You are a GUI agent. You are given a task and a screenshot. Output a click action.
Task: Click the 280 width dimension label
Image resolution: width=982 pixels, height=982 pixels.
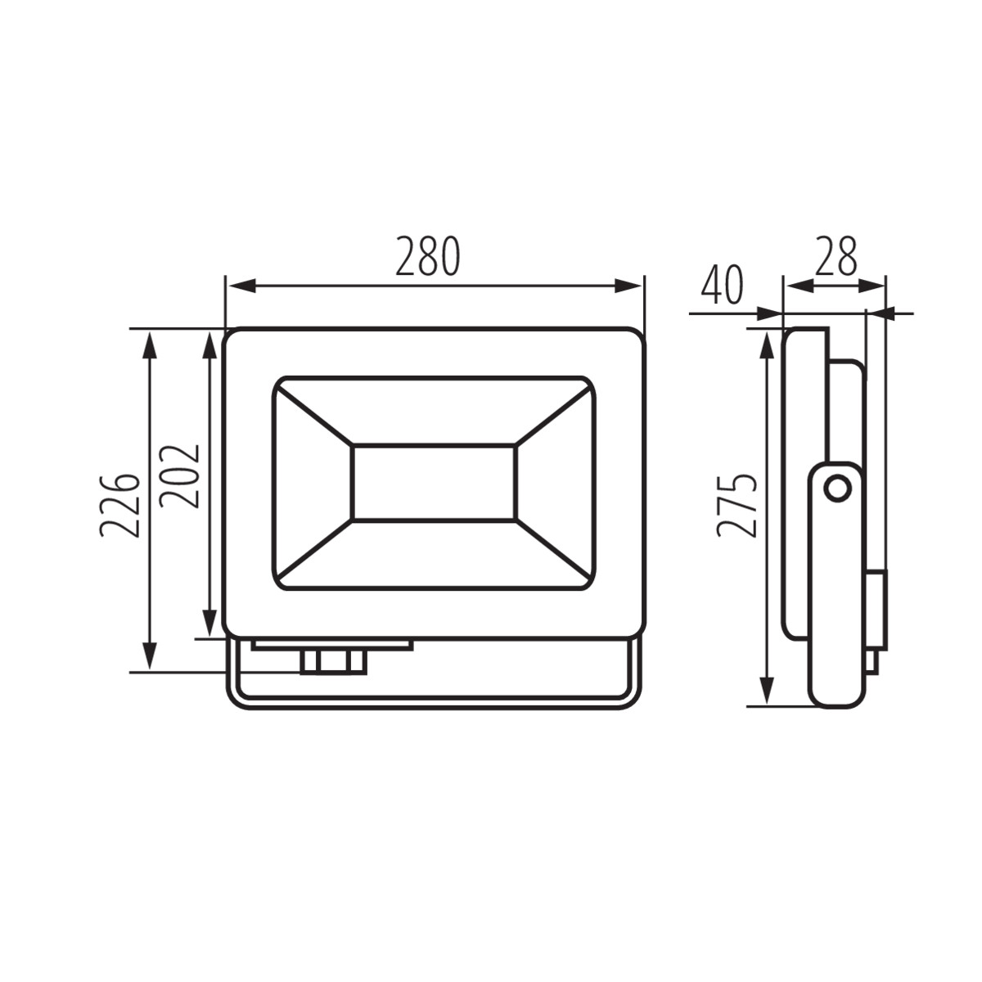click(428, 255)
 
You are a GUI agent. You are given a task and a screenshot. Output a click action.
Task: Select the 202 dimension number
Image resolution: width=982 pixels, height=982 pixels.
click(178, 476)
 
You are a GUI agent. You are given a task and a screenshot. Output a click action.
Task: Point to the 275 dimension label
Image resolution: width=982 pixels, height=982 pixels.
click(736, 506)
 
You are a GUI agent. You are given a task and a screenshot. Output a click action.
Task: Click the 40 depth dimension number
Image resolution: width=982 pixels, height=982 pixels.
click(722, 285)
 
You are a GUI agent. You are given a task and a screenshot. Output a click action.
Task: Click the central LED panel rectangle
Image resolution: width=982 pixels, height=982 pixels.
click(434, 483)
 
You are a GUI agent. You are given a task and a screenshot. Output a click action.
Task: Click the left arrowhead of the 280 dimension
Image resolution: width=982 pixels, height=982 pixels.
click(241, 286)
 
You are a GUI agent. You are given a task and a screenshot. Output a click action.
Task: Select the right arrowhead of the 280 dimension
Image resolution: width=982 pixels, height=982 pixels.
click(628, 286)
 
